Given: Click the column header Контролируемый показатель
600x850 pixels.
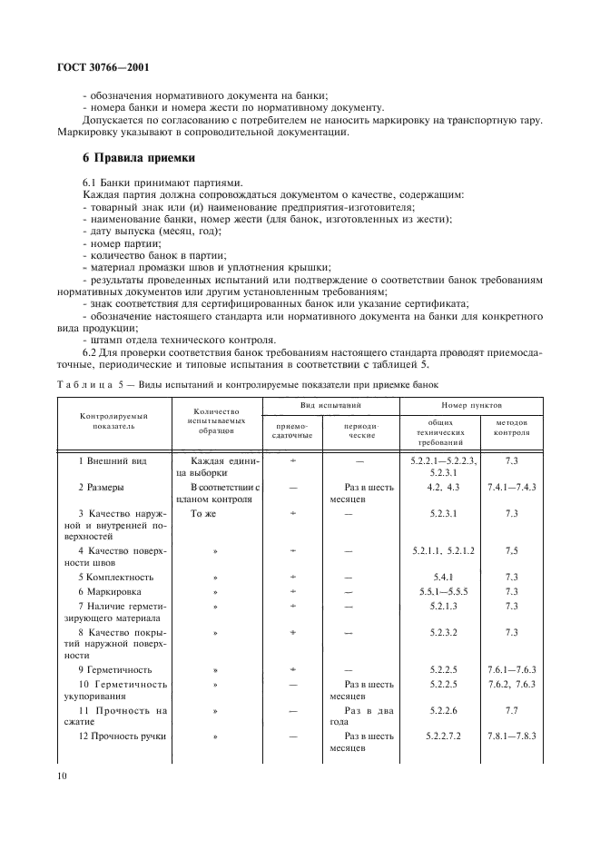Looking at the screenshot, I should pyautogui.click(x=114, y=421).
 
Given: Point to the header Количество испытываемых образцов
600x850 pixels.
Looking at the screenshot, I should pyautogui.click(x=216, y=420).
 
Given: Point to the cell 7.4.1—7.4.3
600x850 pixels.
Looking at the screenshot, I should pyautogui.click(x=512, y=487).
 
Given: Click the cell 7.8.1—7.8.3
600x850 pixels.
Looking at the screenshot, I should pyautogui.click(x=512, y=735).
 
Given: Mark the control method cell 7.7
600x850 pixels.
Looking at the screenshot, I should pyautogui.click(x=512, y=708).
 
